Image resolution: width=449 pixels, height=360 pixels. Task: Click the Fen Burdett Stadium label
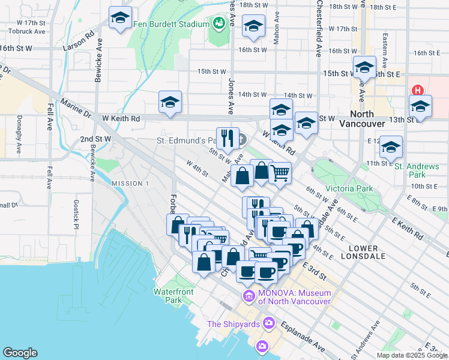[170, 24]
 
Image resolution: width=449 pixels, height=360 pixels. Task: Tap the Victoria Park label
[349, 188]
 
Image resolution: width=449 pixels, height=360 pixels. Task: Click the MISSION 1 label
[130, 183]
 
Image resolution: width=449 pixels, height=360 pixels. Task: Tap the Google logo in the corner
[20, 352]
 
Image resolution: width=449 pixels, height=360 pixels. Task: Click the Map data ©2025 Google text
[411, 355]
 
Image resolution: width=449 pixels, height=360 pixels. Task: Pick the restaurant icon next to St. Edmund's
[228, 139]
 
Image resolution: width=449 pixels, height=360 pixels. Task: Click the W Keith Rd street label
[121, 119]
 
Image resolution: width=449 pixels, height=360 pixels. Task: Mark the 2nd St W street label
[95, 139]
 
